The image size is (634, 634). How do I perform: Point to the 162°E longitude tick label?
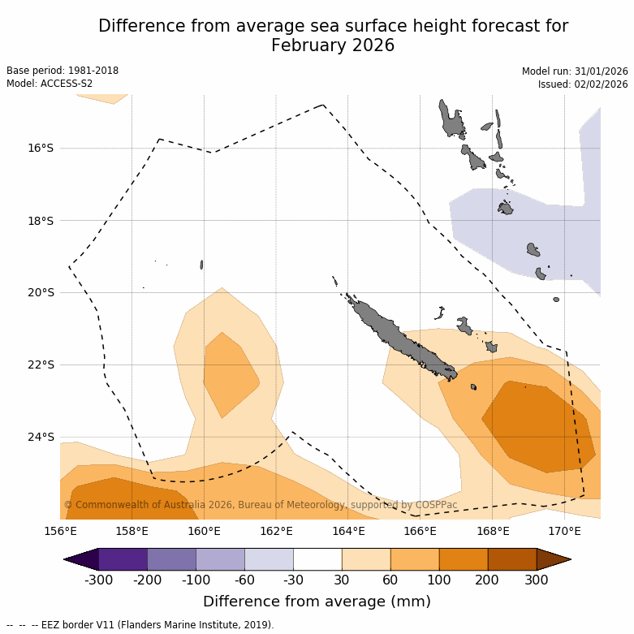[276, 532]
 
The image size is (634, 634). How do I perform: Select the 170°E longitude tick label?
[564, 532]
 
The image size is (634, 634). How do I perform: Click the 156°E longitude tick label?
[60, 532]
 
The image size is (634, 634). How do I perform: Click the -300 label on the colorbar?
[98, 580]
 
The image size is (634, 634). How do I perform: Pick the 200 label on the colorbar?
[488, 580]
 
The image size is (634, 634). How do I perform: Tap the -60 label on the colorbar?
[244, 580]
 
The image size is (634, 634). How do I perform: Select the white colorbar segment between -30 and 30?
[317, 559]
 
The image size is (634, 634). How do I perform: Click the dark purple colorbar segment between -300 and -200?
[123, 559]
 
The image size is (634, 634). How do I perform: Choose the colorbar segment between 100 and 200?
[464, 559]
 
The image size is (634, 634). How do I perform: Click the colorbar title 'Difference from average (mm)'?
[317, 602]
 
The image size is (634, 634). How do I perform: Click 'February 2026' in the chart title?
[333, 45]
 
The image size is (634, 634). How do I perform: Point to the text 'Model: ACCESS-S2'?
[50, 84]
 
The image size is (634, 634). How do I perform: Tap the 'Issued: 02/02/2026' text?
[583, 84]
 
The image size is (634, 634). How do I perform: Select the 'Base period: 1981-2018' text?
[63, 71]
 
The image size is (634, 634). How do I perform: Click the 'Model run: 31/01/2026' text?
[575, 71]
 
